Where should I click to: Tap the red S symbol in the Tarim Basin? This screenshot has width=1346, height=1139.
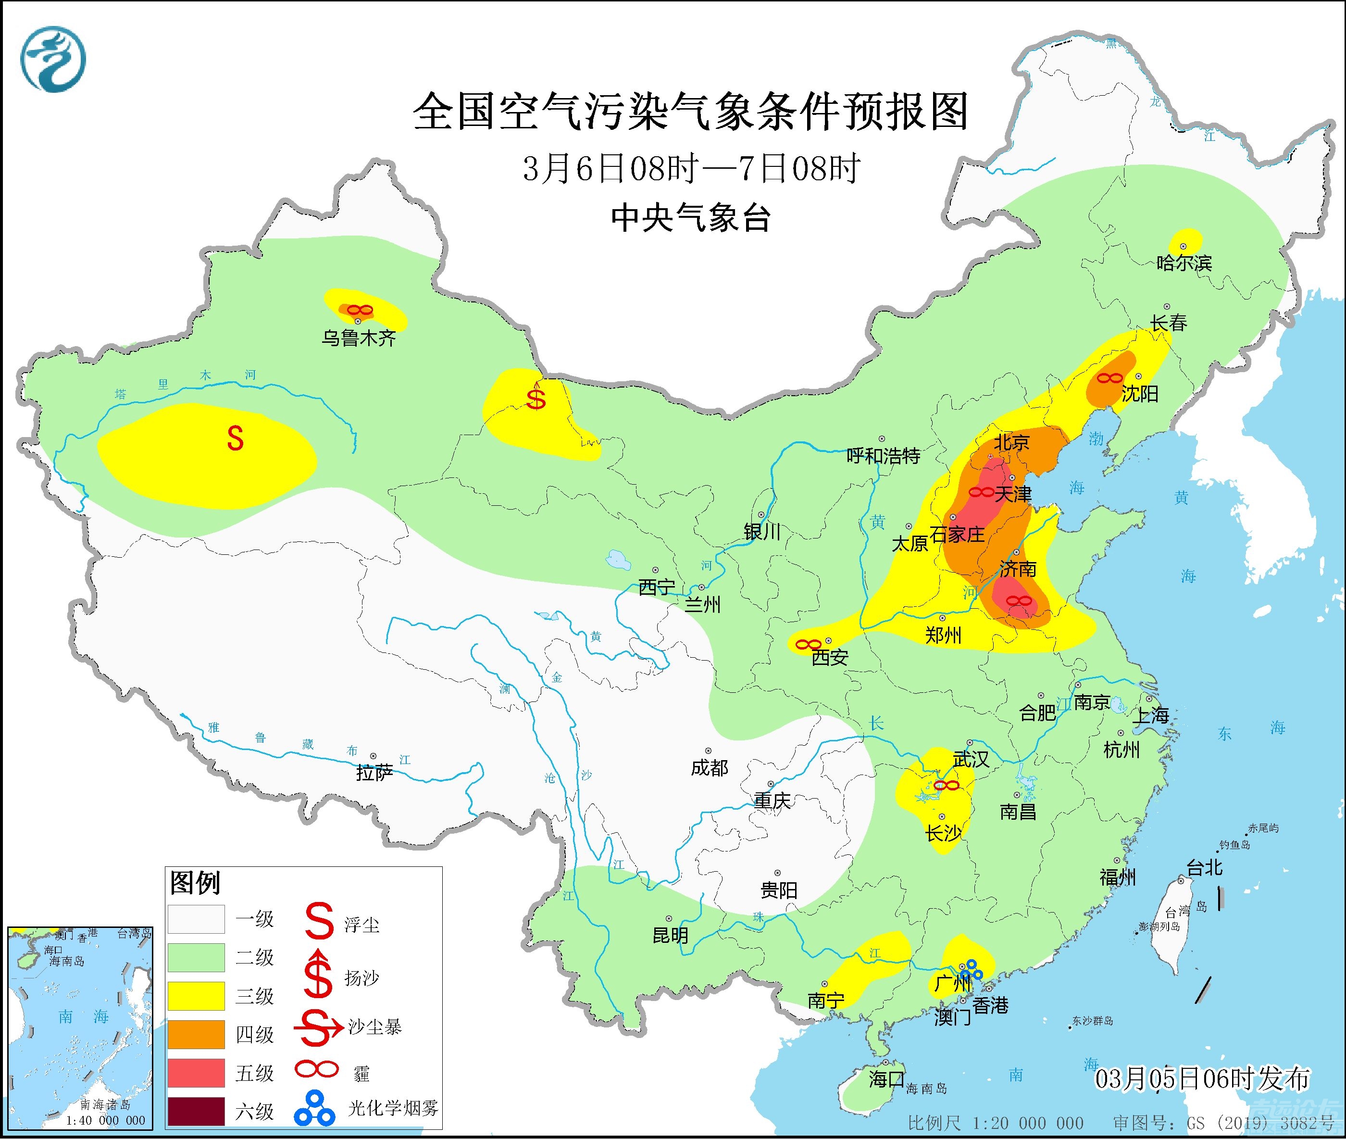(235, 439)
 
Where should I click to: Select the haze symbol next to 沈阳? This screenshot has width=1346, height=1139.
(1109, 378)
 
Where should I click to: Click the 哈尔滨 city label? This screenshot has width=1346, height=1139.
(1184, 263)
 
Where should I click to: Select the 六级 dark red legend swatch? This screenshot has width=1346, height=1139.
(196, 1111)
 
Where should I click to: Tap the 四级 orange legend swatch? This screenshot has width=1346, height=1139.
(196, 1034)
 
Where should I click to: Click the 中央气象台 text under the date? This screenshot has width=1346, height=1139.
(690, 218)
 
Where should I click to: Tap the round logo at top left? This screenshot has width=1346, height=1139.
(53, 60)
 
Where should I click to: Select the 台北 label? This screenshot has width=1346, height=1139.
(1205, 867)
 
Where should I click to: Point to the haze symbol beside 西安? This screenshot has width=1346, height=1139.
(808, 644)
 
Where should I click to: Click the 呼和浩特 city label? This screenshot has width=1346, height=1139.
(883, 456)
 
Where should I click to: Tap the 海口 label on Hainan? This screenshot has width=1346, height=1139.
(885, 1078)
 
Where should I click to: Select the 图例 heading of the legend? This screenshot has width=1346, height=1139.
(195, 883)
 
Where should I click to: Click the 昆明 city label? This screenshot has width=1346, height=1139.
(670, 935)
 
